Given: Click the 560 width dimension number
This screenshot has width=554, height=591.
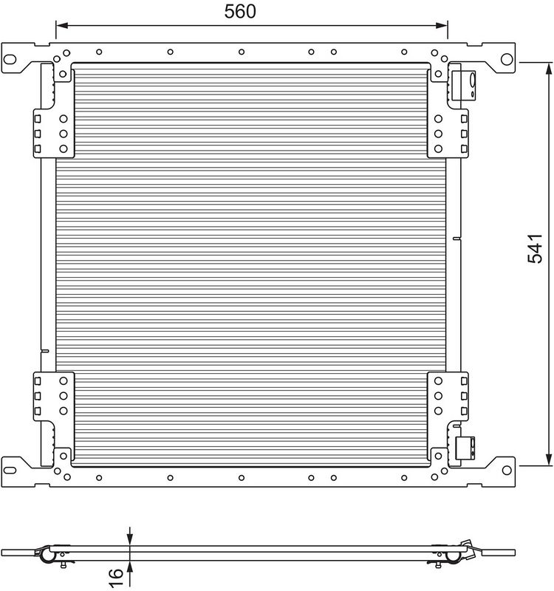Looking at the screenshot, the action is click(x=240, y=11).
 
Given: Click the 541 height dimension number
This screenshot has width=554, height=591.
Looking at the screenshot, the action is click(x=535, y=248).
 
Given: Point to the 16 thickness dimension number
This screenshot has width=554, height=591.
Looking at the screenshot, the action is click(x=117, y=578).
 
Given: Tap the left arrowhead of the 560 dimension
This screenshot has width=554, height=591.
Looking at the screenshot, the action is click(x=62, y=26).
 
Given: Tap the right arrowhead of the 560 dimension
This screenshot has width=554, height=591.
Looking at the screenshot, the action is click(x=442, y=26).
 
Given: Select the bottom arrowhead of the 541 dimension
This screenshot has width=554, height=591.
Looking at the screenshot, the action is click(x=549, y=460).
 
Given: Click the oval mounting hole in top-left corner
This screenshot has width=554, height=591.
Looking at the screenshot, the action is click(x=10, y=59).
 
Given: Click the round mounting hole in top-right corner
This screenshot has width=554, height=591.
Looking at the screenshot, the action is click(x=507, y=59).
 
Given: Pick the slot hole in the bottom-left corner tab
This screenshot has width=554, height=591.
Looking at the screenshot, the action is click(x=10, y=470).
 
